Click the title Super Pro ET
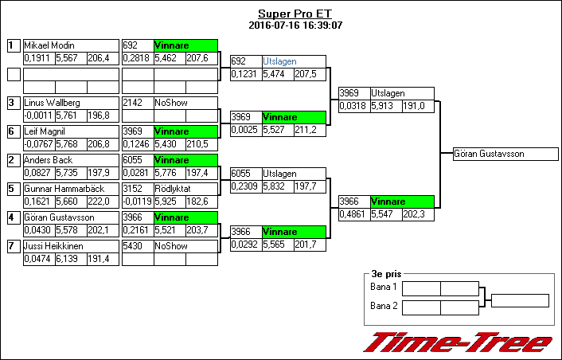(x=295, y=14)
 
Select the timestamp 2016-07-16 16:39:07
(x=295, y=25)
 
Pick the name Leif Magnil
(x=45, y=131)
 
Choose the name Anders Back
(x=48, y=160)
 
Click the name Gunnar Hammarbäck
(x=60, y=189)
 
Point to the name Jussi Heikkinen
(x=53, y=246)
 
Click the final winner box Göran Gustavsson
(x=484, y=154)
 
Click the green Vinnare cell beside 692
(x=185, y=45)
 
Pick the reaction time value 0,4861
(x=353, y=214)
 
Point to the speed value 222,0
(x=99, y=202)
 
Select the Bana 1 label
(x=384, y=287)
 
